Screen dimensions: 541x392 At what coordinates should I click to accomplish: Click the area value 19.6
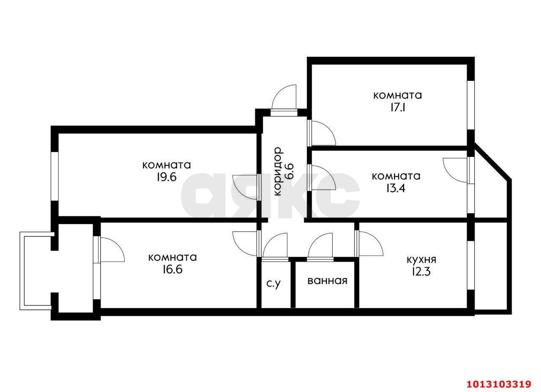point(167,177)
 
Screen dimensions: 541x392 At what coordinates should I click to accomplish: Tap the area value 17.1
point(398,108)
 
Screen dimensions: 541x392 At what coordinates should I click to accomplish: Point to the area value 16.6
point(172,269)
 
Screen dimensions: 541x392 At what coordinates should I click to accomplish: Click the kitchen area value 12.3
point(421,271)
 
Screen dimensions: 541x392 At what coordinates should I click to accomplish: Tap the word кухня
point(422,260)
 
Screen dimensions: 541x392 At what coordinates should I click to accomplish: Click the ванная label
point(327,281)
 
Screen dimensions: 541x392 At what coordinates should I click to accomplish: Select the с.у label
point(273,284)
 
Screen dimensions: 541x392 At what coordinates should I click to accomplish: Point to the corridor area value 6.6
point(290,171)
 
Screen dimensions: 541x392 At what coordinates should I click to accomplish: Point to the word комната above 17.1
point(398,95)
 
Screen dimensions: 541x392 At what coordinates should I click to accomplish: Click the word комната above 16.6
point(172,257)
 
